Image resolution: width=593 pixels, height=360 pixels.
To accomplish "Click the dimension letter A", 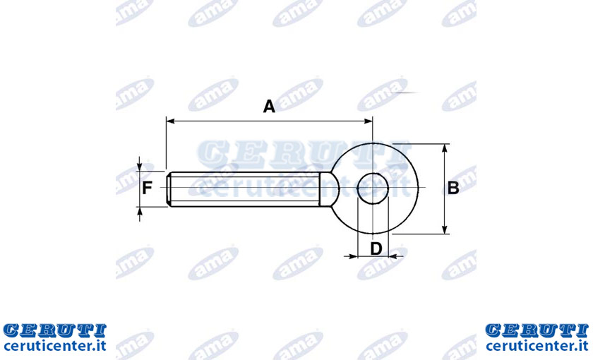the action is click(269, 107).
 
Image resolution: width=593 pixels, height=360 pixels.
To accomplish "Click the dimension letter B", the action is click(453, 188).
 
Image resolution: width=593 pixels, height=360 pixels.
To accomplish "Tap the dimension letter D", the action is click(376, 248).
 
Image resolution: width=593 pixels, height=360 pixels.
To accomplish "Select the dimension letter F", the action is click(147, 188).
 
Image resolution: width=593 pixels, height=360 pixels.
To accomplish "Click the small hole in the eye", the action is click(373, 188).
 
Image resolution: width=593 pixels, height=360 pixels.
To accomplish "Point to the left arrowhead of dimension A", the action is click(170, 121).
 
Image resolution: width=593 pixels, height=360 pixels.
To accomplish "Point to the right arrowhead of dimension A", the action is click(369, 121).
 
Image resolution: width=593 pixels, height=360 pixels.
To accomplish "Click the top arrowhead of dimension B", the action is click(445, 148).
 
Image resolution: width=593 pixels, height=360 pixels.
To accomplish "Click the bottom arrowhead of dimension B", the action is click(445, 229).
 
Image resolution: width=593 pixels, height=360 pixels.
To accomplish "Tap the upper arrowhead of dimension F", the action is click(140, 167).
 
